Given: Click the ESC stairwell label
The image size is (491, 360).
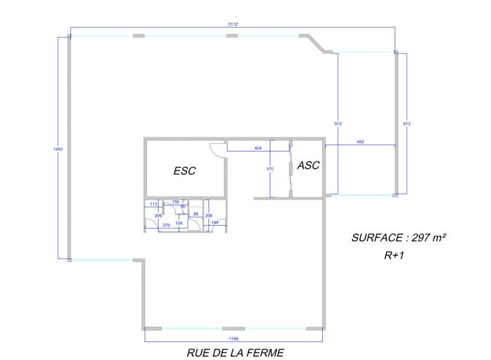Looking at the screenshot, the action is [x=184, y=171].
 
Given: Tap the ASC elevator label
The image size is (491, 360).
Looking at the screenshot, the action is [x=308, y=165].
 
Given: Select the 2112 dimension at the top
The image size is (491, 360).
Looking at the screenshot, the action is [x=233, y=24].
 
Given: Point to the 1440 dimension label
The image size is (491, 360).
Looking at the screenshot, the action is [x=58, y=149].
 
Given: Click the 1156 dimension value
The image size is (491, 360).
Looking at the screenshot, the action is [x=233, y=339].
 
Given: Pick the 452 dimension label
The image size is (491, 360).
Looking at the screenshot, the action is [x=361, y=141].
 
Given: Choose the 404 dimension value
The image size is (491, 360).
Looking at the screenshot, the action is [x=258, y=148].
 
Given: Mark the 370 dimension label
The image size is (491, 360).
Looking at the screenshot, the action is [x=270, y=169].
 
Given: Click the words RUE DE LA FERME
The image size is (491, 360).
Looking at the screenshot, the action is [x=235, y=353].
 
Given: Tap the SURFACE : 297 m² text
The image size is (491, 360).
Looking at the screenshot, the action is [x=399, y=238].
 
